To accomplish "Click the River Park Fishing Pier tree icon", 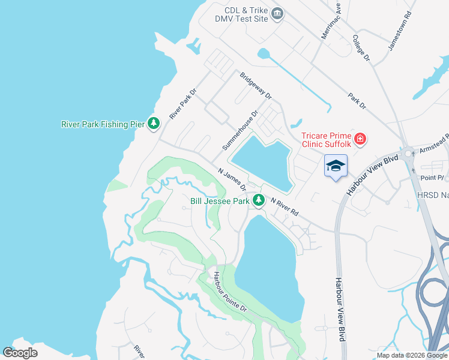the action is pos(154,124).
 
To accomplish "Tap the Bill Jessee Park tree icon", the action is pos(259,200).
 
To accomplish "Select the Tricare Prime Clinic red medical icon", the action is pos(360,140).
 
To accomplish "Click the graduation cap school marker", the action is pos(336,166).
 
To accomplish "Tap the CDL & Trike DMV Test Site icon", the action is pos(277,14).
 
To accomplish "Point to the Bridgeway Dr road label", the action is pos(256,86).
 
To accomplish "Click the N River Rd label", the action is pos(284,206).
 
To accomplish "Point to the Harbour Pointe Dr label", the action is pos(231,292).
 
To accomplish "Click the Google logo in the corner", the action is pos(20,353).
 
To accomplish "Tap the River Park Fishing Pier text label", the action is pos(103,124).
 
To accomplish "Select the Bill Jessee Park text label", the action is pos(219,202).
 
